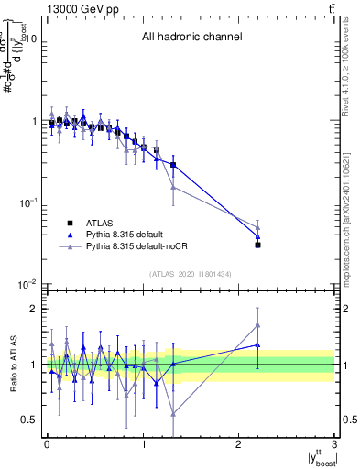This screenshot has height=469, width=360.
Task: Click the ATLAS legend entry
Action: coord(101,223)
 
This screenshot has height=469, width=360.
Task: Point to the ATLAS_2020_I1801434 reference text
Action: coord(191,273)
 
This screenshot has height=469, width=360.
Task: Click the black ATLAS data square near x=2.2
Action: coord(258,245)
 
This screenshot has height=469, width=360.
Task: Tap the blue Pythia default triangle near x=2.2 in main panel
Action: coord(258,237)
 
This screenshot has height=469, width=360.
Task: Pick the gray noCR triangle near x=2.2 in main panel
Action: coord(258,228)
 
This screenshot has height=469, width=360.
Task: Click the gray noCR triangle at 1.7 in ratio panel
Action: coord(258,325)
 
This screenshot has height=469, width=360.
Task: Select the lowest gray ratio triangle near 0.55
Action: coord(173,414)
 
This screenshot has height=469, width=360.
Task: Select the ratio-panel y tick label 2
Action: coord(35,309)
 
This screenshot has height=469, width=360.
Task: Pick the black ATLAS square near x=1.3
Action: coord(173,165)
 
